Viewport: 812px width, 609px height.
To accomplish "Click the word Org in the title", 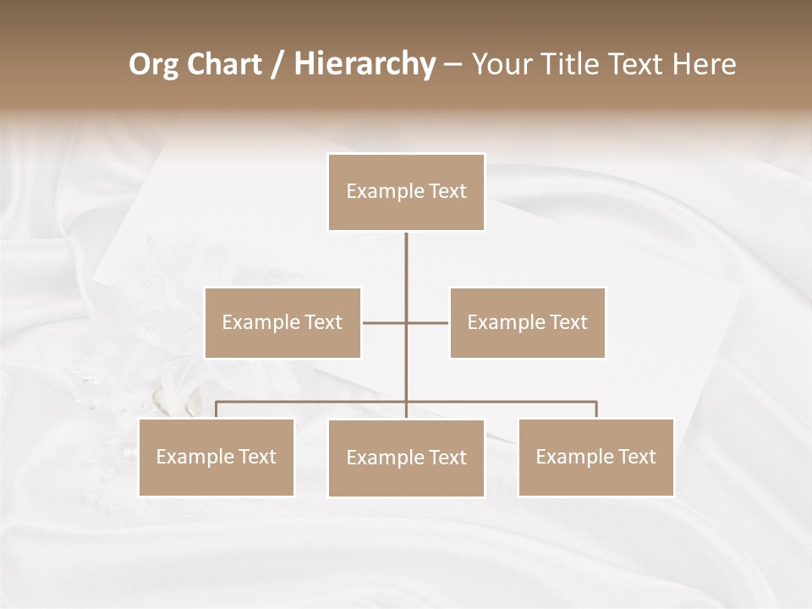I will pos(153,64).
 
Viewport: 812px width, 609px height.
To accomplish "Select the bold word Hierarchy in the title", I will pos(365,64).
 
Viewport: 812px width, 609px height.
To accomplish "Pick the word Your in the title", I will pos(501,64).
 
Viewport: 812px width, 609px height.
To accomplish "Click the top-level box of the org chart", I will pos(406,192).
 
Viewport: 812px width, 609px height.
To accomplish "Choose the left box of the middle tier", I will pos(283,322).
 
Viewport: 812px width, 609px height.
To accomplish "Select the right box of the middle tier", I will pos(527,322).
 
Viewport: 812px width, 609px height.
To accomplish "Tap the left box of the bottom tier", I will pos(217,458).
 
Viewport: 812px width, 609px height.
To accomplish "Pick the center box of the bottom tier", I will pos(406,458).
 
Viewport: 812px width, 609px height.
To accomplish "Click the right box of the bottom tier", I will pos(596,458).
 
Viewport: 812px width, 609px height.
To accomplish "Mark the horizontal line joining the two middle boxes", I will pos(385,322).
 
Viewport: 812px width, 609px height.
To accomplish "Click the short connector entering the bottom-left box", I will pos(217,409).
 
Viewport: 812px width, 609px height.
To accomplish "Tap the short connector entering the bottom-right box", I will pos(596,409).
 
